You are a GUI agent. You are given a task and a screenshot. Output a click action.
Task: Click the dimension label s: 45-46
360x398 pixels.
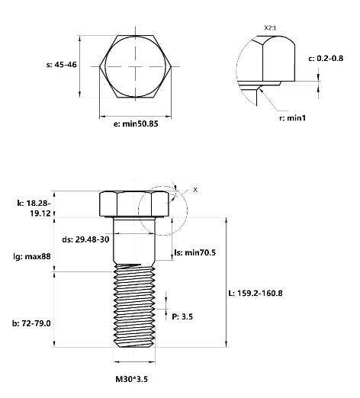tap(61, 65)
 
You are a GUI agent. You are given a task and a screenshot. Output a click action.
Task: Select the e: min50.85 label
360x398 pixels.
tap(136, 124)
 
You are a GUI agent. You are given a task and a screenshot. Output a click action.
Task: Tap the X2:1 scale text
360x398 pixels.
tap(270, 27)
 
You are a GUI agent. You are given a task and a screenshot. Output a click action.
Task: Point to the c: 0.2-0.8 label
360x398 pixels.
tap(326, 59)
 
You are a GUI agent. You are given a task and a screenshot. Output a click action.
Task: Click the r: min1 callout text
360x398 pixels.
tap(292, 118)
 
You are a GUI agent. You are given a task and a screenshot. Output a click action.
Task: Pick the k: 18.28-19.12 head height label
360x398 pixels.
tap(34, 208)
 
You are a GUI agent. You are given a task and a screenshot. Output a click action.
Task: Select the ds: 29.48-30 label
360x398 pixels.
tap(85, 239)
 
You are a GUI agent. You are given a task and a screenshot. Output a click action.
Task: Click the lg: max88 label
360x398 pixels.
tap(32, 256)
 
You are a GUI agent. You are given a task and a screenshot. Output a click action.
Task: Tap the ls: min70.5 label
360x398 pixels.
tap(195, 252)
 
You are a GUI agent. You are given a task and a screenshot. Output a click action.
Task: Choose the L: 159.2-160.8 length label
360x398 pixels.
tap(256, 294)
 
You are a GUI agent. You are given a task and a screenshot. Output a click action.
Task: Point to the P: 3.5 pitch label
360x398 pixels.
tap(182, 316)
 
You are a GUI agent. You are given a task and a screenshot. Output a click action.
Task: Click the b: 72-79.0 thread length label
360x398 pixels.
tap(31, 323)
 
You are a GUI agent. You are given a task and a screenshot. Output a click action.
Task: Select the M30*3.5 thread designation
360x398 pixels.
tap(131, 379)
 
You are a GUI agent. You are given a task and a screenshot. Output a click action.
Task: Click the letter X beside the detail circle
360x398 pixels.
tap(195, 190)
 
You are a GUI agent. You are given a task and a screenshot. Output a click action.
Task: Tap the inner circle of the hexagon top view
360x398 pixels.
tap(105, 66)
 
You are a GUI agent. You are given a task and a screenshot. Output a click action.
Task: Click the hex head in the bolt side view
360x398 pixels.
tap(134, 204)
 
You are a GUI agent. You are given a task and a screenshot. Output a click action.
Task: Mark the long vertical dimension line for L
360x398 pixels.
tap(227, 282)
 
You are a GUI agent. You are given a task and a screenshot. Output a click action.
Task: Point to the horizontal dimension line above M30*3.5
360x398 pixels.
tap(134, 361)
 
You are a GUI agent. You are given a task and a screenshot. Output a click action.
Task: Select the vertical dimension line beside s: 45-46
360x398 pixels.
tap(80, 66)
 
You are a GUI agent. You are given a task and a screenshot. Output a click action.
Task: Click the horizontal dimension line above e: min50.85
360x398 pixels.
tap(135, 117)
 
